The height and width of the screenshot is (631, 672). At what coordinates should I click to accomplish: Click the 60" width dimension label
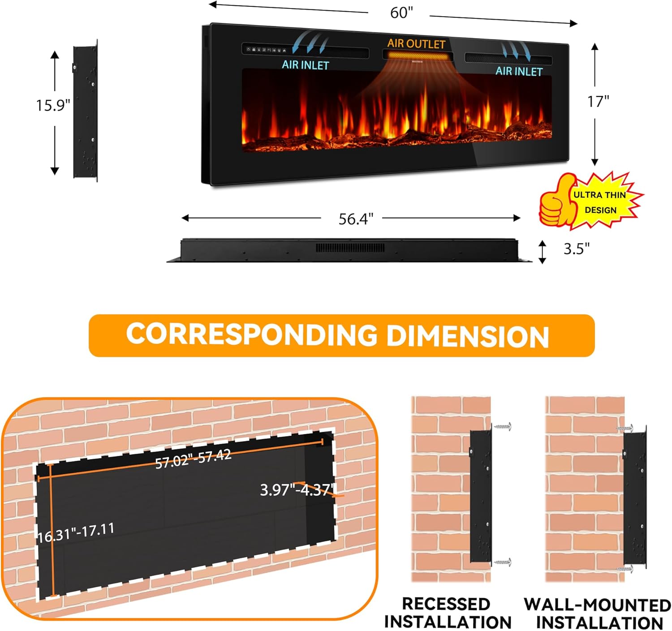coord(401,13)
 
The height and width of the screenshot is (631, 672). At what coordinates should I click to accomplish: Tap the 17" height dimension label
coord(598,102)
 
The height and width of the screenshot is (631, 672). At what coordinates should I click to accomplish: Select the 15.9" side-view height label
coord(53,105)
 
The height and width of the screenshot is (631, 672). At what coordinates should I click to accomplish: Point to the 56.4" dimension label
coord(356,219)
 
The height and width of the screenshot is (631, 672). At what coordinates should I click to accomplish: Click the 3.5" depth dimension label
coord(576,249)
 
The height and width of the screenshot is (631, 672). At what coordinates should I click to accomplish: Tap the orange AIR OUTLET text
coord(416,43)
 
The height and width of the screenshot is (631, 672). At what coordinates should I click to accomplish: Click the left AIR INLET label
coord(306,64)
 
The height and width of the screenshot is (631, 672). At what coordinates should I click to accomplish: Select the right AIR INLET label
coord(519,71)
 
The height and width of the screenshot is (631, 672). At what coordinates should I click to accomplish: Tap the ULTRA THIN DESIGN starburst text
coord(600,202)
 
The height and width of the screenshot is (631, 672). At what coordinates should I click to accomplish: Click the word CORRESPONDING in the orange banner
coord(251,334)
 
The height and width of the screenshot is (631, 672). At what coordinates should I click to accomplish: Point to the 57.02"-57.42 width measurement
coord(193,459)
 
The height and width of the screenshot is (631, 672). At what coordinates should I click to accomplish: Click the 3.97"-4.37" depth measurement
coord(297,489)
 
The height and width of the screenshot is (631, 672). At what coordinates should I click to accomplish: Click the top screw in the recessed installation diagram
coord(503,427)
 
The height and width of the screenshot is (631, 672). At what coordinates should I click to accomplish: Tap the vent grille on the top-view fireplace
coord(350,248)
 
